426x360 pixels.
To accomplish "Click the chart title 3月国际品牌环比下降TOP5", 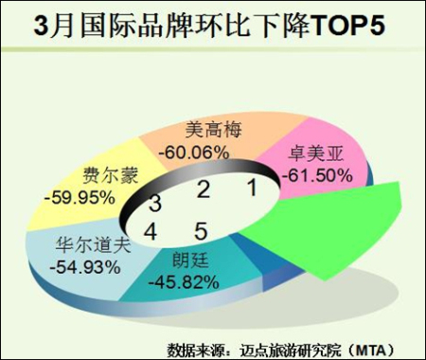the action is coord(209,27).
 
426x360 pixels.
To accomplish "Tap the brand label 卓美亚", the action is coord(315,154).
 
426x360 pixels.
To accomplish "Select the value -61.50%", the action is coord(317,175).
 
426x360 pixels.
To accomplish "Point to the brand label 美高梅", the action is coord(213,130).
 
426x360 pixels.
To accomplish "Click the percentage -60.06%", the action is coord(194,153).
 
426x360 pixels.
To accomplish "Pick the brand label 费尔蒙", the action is coord(111,175).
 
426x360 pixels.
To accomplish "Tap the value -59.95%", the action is coord(80,198).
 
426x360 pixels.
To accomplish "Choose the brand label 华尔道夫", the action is coord(93,245).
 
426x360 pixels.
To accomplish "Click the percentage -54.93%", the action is coord(85,268).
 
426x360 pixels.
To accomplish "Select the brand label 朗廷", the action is coord(190,261).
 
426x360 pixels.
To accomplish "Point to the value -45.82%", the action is coord(184,282).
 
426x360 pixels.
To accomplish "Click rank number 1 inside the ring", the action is coord(252,188).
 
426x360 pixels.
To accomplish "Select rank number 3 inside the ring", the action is coord(155,204).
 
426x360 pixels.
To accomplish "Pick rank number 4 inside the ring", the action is coord(151,231).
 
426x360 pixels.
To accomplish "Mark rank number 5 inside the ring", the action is coord(201,231).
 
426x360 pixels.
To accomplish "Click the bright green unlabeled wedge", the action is coord(331,227).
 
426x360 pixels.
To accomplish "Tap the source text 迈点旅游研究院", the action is coord(291,350).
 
